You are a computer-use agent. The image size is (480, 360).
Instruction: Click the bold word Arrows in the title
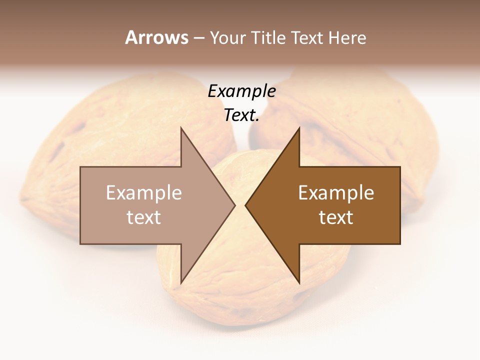[x=156, y=37]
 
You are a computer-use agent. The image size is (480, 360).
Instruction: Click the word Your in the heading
[x=227, y=37]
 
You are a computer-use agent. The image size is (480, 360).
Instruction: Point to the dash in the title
[x=198, y=38]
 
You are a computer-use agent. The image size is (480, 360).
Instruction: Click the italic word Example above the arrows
[x=241, y=91]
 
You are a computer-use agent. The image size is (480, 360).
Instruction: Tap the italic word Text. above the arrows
[x=241, y=115]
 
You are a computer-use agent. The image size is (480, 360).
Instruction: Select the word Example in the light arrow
[x=143, y=193]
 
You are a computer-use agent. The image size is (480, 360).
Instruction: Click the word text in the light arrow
[x=143, y=217]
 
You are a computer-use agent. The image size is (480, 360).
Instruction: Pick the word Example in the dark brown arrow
[x=336, y=193]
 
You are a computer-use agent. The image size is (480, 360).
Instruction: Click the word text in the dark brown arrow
[x=336, y=217]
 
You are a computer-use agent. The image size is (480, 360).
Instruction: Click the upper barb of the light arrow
[x=182, y=131]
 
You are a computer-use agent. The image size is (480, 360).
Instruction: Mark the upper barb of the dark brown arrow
[x=298, y=131]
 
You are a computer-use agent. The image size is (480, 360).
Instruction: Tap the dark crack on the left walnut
[x=58, y=150]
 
